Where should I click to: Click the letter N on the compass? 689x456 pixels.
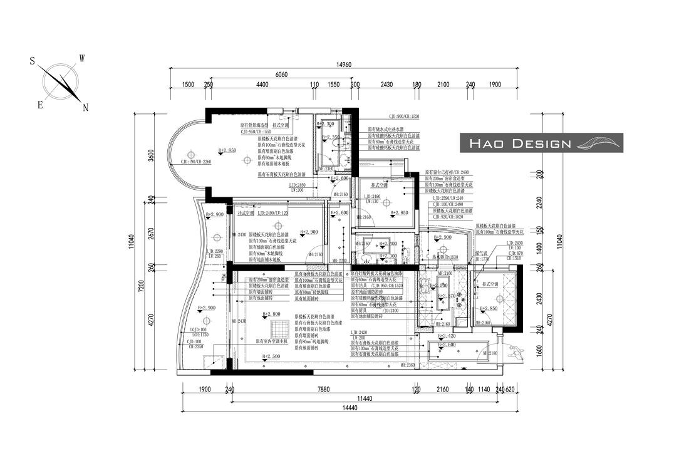(x=85, y=108)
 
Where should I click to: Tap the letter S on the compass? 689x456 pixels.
(x=32, y=61)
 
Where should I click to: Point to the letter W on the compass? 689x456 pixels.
(x=81, y=58)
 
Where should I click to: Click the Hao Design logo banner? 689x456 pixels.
(x=541, y=143)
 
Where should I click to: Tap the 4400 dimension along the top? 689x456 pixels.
(x=262, y=85)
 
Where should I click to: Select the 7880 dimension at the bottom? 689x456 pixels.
(x=323, y=389)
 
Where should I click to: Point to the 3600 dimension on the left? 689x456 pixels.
(x=150, y=155)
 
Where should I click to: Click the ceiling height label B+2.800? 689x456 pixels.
(x=271, y=314)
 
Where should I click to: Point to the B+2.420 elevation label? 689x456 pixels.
(x=446, y=336)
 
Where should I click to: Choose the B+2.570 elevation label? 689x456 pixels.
(x=446, y=296)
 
